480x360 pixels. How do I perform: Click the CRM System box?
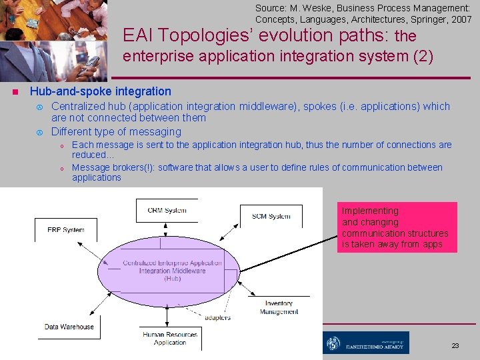coord(167,210)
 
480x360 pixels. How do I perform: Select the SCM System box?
coord(271,216)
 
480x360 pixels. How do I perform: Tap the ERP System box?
coord(65,230)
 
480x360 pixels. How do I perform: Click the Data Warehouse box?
coord(69,327)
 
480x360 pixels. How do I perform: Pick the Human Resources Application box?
coord(169,338)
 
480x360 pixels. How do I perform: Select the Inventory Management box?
coord(279,307)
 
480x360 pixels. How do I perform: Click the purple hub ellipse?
coord(172,270)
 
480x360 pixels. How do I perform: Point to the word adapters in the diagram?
coord(217,317)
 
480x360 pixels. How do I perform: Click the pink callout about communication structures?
coord(397,227)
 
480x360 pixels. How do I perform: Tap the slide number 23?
coord(455,346)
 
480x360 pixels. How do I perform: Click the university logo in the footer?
coord(366,343)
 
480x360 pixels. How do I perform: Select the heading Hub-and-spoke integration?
coord(100,91)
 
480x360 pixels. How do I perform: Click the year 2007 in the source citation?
coord(461,19)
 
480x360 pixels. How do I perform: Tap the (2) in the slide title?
coord(422,57)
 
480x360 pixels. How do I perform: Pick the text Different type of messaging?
coord(116,131)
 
